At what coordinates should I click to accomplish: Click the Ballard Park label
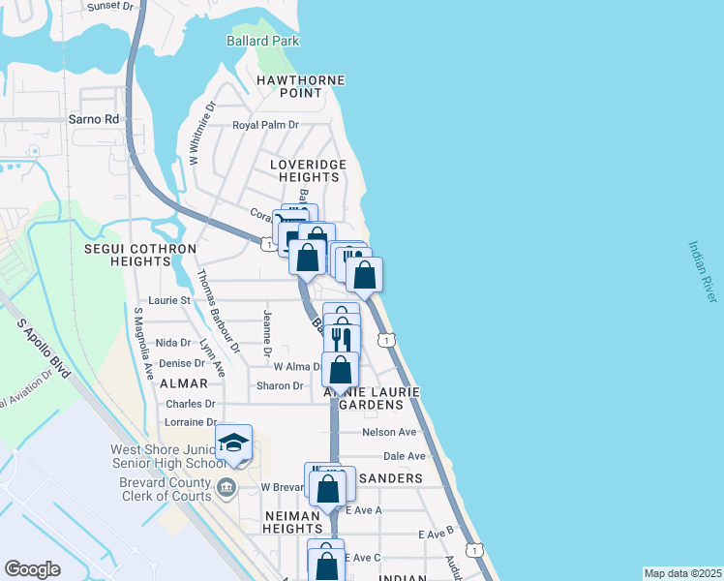click(262, 41)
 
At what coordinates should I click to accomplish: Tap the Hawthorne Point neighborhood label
click(301, 86)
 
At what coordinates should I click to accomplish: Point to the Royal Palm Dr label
click(265, 125)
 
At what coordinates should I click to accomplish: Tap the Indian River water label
click(703, 272)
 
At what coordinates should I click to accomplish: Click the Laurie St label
click(169, 300)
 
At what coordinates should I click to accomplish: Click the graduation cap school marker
click(233, 443)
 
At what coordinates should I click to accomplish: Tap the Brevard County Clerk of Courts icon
click(226, 485)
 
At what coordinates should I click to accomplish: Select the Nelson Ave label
click(389, 432)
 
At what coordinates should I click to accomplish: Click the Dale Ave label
click(405, 456)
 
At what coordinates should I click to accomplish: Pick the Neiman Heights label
click(292, 523)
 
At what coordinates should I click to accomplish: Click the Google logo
click(32, 569)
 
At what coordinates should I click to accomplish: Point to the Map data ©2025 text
click(681, 573)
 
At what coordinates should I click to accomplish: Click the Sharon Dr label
click(280, 385)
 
